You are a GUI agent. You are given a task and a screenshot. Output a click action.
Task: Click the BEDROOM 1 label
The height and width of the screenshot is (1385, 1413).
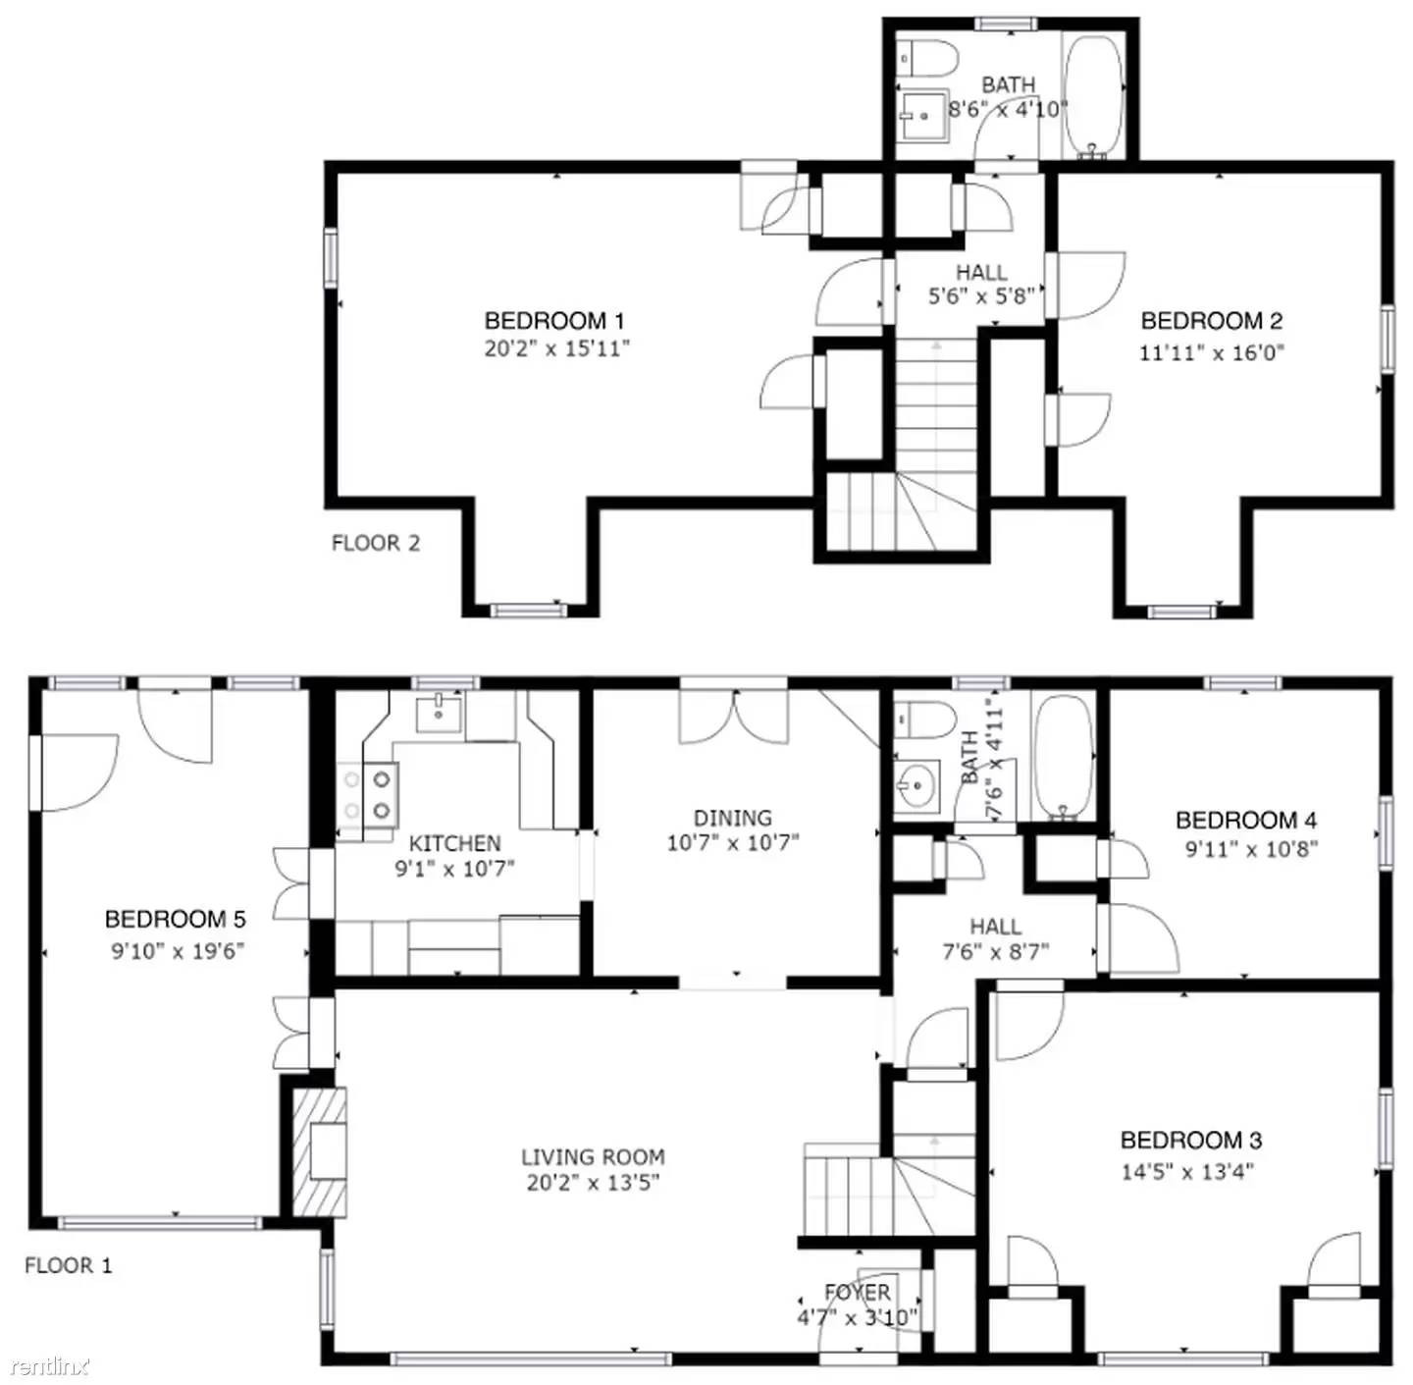pos(554,321)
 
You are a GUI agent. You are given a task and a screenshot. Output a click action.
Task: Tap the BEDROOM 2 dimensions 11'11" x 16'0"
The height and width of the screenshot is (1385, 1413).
pos(1211,352)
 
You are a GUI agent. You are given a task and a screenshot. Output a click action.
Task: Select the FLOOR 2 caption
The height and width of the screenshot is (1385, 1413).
pos(376,543)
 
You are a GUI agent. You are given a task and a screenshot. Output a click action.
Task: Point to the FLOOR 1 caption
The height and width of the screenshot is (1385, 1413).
pos(69,1265)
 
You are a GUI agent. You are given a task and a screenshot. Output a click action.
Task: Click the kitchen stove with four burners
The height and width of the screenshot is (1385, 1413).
pos(370,794)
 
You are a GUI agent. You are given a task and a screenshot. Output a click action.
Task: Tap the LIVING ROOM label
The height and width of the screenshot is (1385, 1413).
pos(593,1157)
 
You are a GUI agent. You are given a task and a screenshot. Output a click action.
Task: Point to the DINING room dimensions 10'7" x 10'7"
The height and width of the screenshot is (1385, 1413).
pos(733,842)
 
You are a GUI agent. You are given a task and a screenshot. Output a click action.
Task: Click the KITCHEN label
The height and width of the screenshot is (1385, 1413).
pos(454,843)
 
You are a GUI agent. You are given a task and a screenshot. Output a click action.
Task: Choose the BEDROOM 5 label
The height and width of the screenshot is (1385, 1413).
pos(175,920)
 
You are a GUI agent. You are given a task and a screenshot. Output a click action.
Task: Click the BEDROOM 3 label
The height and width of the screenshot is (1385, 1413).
pos(1190,1140)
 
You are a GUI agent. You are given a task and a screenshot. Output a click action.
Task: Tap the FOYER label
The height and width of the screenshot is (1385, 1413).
pos(858,1293)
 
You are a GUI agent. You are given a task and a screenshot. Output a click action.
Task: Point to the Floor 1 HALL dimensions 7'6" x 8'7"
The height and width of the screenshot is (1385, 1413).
pos(995,951)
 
